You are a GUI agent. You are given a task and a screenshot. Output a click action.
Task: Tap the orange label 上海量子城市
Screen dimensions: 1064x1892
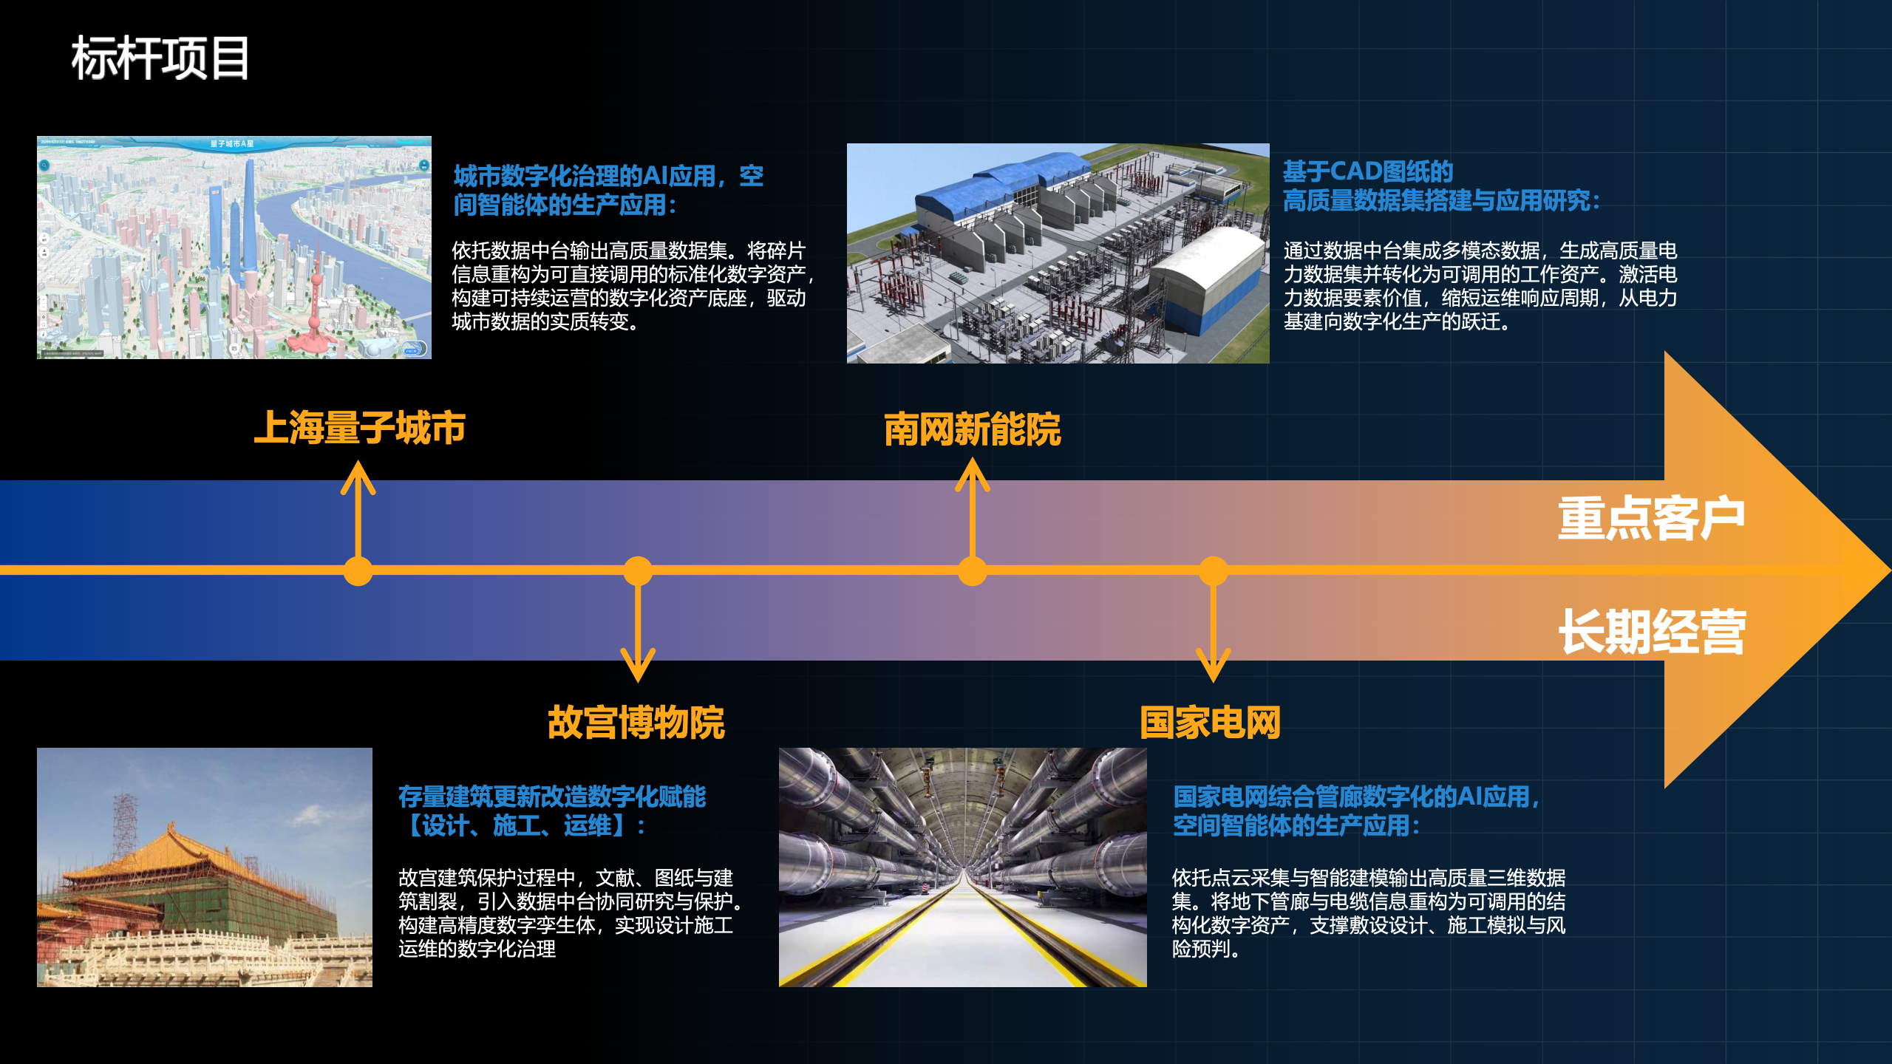(359, 428)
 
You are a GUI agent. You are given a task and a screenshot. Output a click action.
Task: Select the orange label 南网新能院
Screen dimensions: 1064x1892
(972, 429)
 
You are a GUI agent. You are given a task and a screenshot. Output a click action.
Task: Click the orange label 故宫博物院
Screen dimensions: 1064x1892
(636, 722)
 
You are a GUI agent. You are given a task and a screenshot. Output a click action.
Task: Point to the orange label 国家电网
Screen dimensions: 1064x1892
(1210, 722)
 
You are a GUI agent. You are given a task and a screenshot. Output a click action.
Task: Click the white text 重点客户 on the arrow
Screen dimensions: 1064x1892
(1651, 518)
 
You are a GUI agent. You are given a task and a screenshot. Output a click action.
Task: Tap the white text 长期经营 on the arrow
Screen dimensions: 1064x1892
(1652, 632)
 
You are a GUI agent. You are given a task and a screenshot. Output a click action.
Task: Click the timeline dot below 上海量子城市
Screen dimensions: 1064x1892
(358, 571)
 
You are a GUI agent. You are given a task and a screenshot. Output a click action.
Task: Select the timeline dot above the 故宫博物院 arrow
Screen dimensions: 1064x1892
(638, 571)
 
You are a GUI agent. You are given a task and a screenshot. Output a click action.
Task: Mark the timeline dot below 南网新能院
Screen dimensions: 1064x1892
(973, 571)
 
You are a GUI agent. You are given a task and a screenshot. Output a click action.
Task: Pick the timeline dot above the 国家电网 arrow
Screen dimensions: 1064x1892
(1214, 571)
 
